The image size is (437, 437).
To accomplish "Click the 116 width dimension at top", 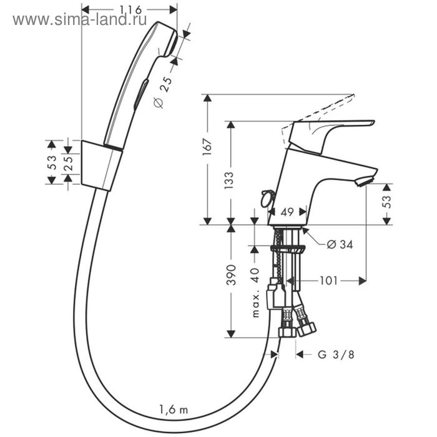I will (x=130, y=9).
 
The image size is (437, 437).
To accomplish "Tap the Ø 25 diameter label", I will (x=161, y=93).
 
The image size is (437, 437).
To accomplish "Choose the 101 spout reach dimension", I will (x=330, y=281).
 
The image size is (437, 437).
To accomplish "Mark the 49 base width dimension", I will (x=287, y=212).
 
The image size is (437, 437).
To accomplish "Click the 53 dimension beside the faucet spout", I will (x=386, y=201).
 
